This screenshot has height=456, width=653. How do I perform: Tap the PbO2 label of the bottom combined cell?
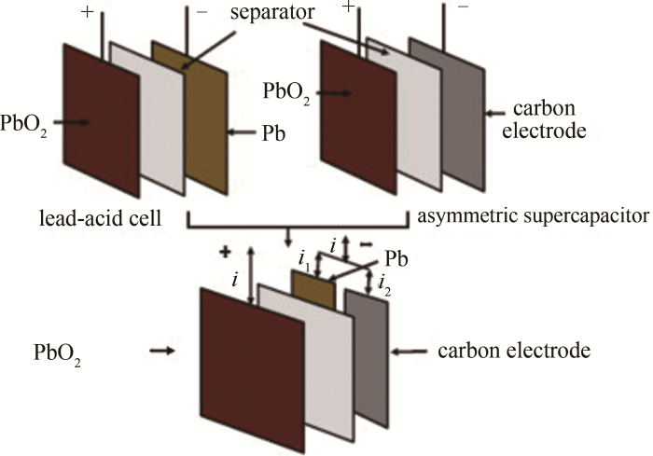tap(57, 354)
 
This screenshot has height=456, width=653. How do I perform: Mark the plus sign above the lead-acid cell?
tap(88, 12)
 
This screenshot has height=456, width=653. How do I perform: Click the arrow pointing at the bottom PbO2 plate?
tap(161, 352)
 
